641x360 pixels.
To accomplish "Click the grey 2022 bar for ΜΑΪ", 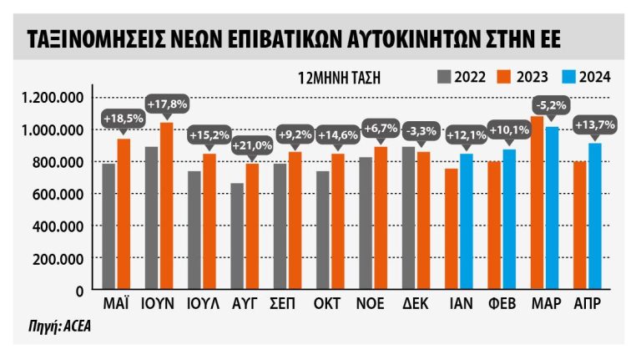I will [109, 226].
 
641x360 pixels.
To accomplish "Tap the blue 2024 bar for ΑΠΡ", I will [594, 216].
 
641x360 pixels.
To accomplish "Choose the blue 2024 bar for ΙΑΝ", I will [466, 221].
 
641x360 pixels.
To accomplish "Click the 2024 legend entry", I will [588, 78].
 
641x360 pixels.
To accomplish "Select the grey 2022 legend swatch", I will [444, 78].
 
